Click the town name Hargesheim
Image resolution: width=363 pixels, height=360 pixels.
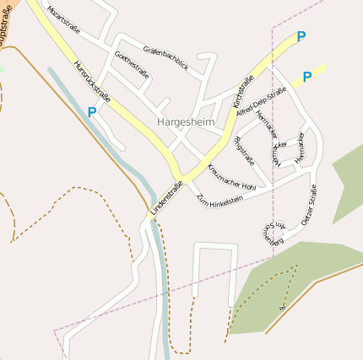186,122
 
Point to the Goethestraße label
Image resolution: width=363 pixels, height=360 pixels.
132,65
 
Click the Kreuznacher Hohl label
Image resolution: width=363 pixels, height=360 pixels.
230,176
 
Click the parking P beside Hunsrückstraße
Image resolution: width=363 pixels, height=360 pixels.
92,111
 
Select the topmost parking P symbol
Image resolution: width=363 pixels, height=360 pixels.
301,37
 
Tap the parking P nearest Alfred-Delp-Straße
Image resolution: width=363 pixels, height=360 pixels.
306,77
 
